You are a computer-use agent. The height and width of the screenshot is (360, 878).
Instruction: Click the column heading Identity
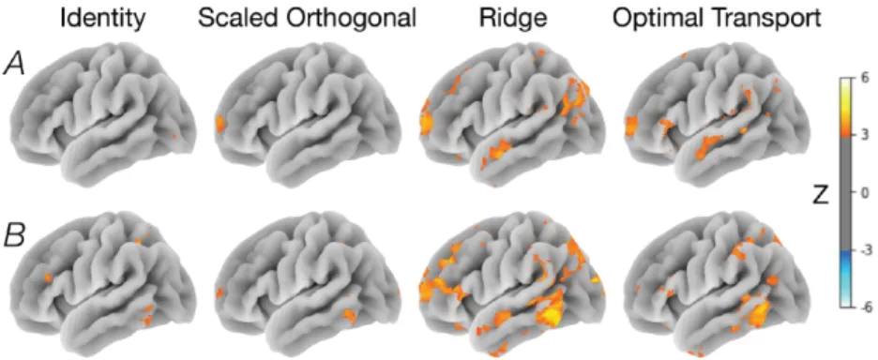tap(103, 19)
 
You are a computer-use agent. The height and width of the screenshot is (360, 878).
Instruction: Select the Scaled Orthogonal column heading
tap(307, 20)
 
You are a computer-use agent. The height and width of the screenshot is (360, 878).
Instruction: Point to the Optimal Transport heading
tap(717, 20)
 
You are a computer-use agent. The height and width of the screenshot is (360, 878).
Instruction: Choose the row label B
tap(16, 237)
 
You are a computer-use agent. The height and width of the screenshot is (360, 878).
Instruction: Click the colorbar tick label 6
tap(865, 79)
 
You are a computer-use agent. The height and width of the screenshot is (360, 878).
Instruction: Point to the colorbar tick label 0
tap(865, 192)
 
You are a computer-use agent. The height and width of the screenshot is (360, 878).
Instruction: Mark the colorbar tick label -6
tap(863, 307)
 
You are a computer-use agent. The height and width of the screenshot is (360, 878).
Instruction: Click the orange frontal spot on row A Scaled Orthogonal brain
tap(219, 123)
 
